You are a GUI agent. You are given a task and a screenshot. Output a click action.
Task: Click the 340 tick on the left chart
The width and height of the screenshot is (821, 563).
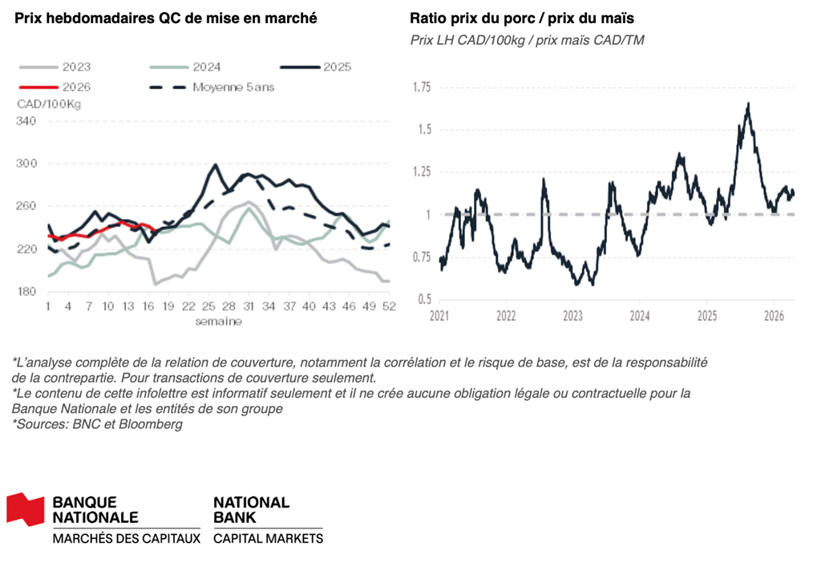click(26, 121)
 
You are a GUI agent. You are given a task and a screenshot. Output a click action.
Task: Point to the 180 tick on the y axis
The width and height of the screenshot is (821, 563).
click(26, 291)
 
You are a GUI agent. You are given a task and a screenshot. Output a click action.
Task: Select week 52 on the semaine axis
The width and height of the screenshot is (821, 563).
click(388, 306)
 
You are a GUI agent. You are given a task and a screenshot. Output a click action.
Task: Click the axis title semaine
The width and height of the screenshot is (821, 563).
click(218, 321)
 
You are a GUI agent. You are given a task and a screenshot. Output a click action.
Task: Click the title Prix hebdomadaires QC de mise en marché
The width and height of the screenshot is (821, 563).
click(160, 18)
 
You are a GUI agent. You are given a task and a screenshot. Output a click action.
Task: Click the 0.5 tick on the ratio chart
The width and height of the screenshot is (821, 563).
click(424, 300)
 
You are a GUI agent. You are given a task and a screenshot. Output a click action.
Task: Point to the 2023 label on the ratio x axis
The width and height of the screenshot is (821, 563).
click(572, 316)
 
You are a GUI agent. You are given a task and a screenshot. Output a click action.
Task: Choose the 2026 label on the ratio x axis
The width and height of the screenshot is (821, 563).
click(774, 316)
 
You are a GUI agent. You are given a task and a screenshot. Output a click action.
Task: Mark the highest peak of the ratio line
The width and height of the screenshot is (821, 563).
click(748, 103)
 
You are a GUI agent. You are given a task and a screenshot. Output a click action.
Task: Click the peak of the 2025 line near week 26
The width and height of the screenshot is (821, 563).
click(215, 164)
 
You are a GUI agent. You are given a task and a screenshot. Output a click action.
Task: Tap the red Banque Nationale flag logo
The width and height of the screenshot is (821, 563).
click(26, 510)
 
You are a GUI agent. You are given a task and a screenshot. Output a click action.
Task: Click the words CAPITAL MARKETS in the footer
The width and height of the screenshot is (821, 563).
click(268, 538)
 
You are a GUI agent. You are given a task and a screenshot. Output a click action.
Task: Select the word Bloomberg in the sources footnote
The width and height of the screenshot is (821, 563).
click(154, 423)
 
